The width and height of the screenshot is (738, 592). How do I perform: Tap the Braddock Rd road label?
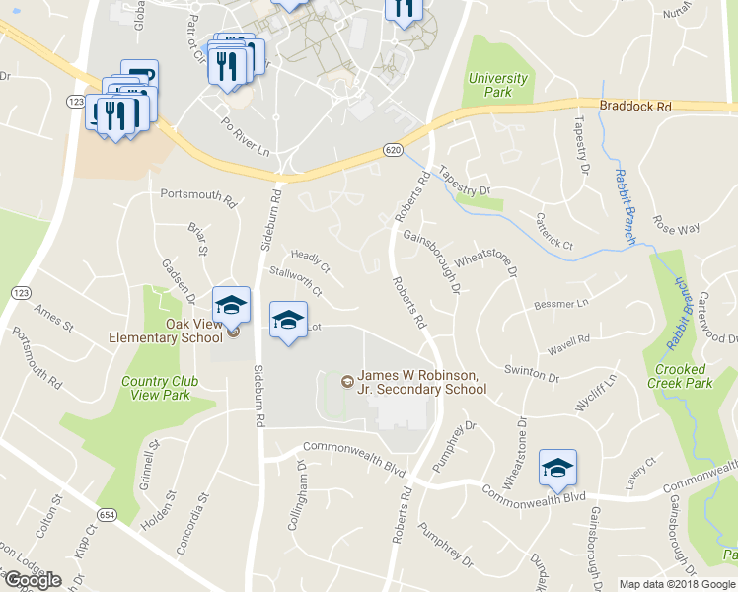pos(634,106)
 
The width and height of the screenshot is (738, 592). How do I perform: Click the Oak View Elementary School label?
pos(166,331)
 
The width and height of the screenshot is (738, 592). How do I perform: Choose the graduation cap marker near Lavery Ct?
pos(557,468)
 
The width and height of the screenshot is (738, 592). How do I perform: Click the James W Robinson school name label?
pos(421,382)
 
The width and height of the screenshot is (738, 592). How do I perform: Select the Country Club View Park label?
pos(160,388)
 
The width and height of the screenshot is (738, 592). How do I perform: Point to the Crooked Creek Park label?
pos(683,376)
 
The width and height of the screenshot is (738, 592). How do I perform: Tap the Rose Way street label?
pos(676,229)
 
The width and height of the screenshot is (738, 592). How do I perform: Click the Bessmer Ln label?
pos(560,303)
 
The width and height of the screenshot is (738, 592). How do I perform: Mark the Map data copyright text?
pos(677,584)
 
